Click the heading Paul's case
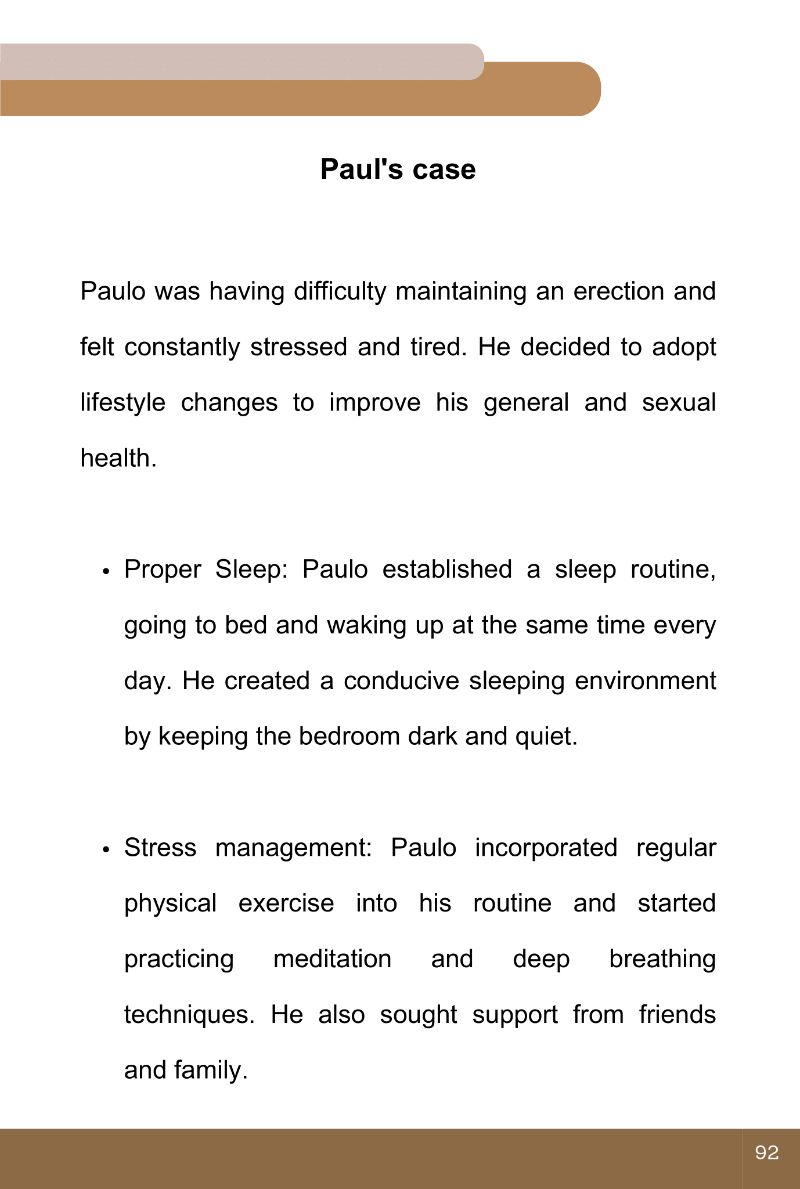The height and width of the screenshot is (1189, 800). click(398, 170)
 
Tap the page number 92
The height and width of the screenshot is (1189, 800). click(766, 1152)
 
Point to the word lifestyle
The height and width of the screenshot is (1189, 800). click(122, 403)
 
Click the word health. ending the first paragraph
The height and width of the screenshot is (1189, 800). click(118, 459)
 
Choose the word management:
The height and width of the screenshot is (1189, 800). click(294, 848)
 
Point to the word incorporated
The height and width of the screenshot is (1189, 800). click(546, 848)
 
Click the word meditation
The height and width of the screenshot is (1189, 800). click(332, 959)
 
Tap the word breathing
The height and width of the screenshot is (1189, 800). click(662, 959)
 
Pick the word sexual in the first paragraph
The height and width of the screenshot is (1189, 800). click(679, 403)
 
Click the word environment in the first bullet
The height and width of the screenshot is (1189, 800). click(645, 681)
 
